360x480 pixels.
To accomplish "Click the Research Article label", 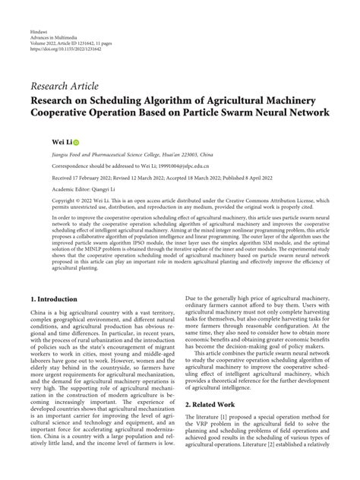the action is point(64,86).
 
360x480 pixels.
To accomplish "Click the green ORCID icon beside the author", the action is point(76,142).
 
